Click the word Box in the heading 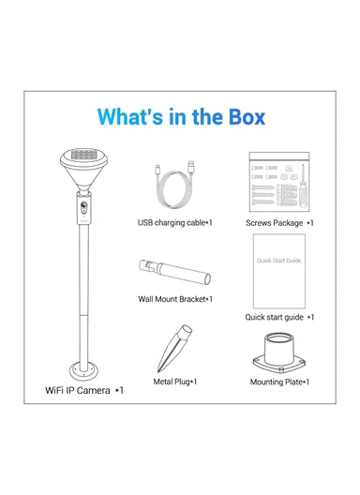point(242,118)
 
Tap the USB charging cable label point(175,223)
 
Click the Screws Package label point(279,223)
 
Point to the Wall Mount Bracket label point(175,299)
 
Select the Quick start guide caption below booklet point(279,317)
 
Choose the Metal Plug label point(175,382)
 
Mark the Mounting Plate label point(279,382)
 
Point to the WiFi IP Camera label point(85,388)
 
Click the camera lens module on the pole point(83,209)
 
